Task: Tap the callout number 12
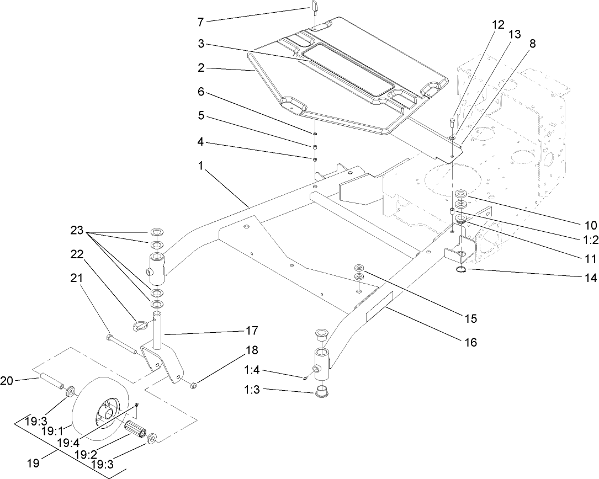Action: (498, 24)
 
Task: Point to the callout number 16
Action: (470, 343)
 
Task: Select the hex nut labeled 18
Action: (194, 383)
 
